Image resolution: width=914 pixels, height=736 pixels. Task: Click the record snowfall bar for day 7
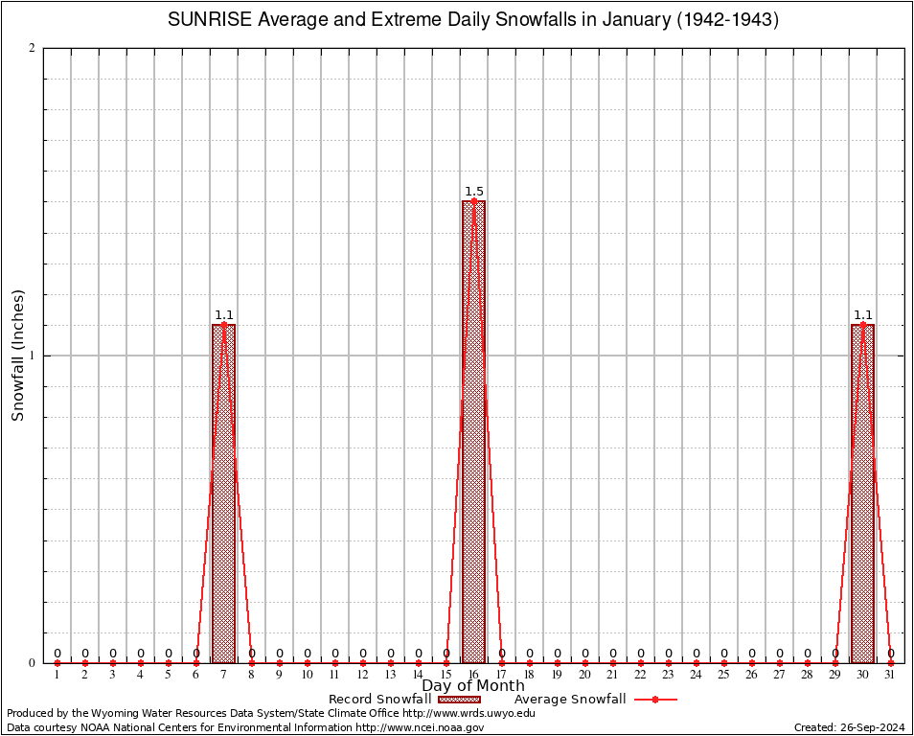click(x=223, y=494)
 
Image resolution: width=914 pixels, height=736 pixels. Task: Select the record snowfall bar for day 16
click(x=473, y=431)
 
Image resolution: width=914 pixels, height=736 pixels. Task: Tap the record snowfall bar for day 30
click(x=862, y=494)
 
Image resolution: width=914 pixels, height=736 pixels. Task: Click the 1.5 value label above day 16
click(x=474, y=192)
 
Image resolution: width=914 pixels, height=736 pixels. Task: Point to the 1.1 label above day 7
click(x=224, y=314)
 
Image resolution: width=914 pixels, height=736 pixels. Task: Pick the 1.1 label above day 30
click(x=863, y=314)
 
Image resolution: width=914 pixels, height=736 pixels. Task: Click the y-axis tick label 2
click(x=33, y=48)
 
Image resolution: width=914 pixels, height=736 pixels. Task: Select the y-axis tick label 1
click(x=33, y=356)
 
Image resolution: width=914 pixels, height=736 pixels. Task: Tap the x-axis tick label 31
click(x=890, y=675)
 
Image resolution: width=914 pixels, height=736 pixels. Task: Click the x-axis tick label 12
click(x=362, y=675)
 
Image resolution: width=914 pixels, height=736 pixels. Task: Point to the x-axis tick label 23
click(x=668, y=675)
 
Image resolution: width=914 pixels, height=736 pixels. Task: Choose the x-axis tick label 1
click(x=57, y=675)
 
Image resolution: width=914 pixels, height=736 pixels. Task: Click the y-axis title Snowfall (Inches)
click(x=18, y=356)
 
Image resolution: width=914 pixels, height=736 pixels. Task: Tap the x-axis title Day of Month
click(x=473, y=686)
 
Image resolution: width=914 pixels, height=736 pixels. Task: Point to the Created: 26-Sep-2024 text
click(x=849, y=727)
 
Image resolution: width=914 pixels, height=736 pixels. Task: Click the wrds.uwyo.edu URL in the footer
click(x=468, y=713)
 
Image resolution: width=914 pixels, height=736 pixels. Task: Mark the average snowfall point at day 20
click(x=584, y=662)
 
